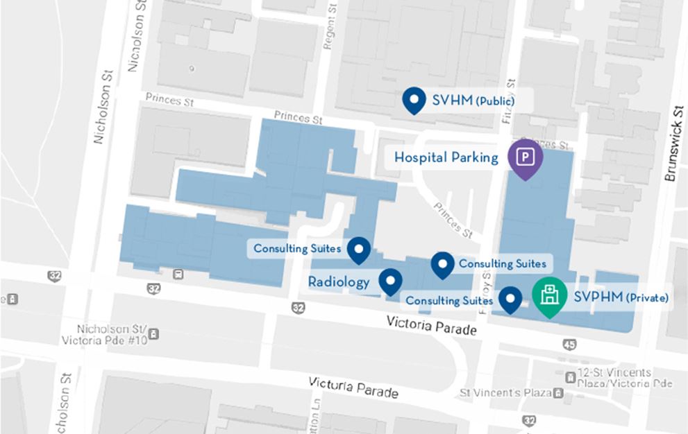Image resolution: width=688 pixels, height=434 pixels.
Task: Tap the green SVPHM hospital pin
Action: pyautogui.click(x=549, y=295)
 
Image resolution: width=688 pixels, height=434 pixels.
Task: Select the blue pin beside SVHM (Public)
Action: pyautogui.click(x=414, y=101)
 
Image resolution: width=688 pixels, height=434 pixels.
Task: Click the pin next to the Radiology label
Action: pyautogui.click(x=390, y=281)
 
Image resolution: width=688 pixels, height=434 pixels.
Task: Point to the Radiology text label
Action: pyautogui.click(x=339, y=282)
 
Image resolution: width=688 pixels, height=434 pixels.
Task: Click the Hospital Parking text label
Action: pyautogui.click(x=446, y=158)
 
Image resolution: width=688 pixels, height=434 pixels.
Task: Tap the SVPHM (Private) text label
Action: pyautogui.click(x=621, y=298)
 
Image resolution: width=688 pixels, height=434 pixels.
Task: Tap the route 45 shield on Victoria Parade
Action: pyautogui.click(x=569, y=345)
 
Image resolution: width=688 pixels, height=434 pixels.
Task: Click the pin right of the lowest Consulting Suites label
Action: pyautogui.click(x=512, y=299)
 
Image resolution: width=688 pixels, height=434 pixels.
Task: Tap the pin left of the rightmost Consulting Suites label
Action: pyautogui.click(x=442, y=264)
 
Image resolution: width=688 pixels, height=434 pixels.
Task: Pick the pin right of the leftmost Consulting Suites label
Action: pyautogui.click(x=358, y=249)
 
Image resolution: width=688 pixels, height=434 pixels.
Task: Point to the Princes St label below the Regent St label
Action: pyautogui.click(x=299, y=117)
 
